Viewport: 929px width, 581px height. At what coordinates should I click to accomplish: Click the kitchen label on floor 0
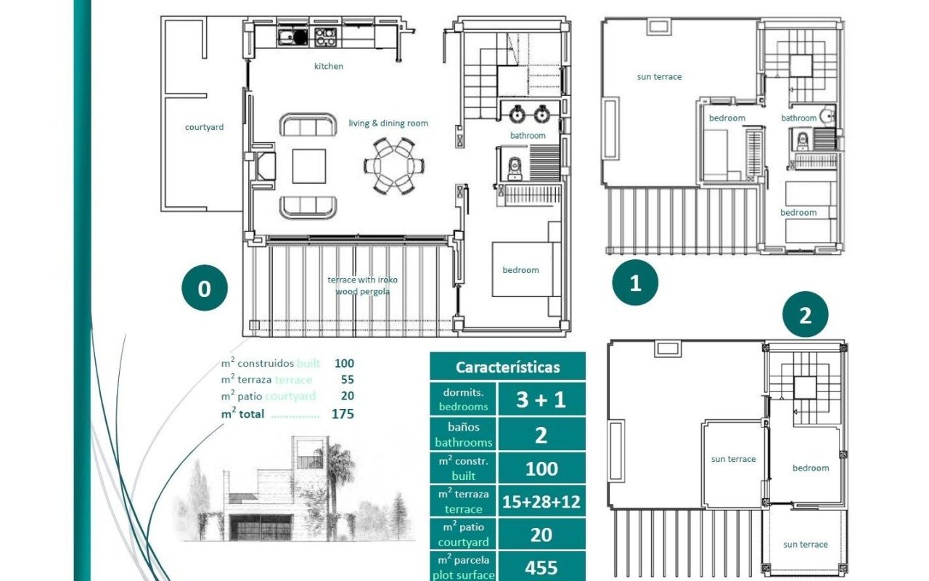(329, 66)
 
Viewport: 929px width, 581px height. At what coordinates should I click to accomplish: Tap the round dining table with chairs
(394, 166)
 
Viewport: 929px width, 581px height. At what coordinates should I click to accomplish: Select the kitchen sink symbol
(292, 36)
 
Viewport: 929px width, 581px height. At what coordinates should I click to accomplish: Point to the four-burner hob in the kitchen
(325, 36)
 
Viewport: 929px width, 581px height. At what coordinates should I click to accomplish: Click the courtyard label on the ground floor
(204, 127)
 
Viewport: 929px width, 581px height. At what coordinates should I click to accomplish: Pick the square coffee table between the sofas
(309, 166)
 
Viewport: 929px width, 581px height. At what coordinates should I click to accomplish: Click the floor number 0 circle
(205, 288)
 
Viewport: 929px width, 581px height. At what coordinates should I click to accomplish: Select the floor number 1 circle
(635, 283)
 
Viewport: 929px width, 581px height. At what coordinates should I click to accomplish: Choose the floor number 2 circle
(805, 314)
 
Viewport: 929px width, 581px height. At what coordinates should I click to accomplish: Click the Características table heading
(507, 367)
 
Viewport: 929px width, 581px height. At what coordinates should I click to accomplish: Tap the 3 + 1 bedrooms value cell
(541, 399)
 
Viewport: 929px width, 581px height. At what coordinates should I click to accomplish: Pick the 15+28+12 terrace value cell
(541, 502)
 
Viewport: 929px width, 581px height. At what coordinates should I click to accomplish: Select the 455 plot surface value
(541, 567)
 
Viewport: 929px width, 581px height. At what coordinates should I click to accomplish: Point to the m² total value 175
(343, 414)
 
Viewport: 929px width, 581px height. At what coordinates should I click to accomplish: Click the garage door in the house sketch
(261, 527)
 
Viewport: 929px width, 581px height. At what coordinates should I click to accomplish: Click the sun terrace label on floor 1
(659, 77)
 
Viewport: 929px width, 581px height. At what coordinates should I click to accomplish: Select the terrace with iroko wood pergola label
(362, 285)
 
